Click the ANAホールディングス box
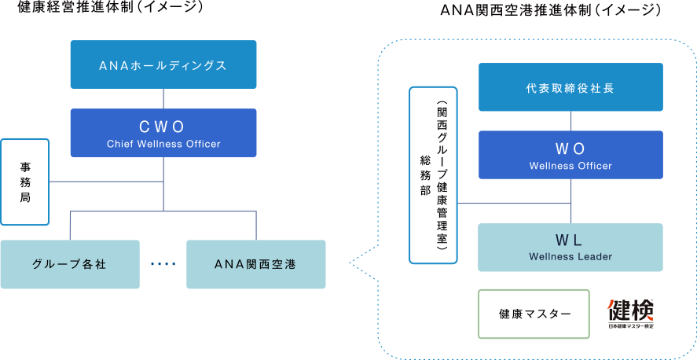[163, 64]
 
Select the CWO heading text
[163, 126]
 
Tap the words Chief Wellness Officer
[163, 144]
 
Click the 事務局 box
[25, 182]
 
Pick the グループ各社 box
[70, 264]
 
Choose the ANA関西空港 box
[256, 264]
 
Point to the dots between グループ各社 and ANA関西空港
[163, 264]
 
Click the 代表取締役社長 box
[570, 88]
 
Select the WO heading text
[570, 149]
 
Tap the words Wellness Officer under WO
[570, 166]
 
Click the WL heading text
[570, 239]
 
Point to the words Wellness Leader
[570, 256]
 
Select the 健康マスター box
[534, 314]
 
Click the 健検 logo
[630, 314]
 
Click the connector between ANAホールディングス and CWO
[163, 98]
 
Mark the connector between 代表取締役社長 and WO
[571, 121]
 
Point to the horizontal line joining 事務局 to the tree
[106, 182]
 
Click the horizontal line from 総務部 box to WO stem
[514, 203]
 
